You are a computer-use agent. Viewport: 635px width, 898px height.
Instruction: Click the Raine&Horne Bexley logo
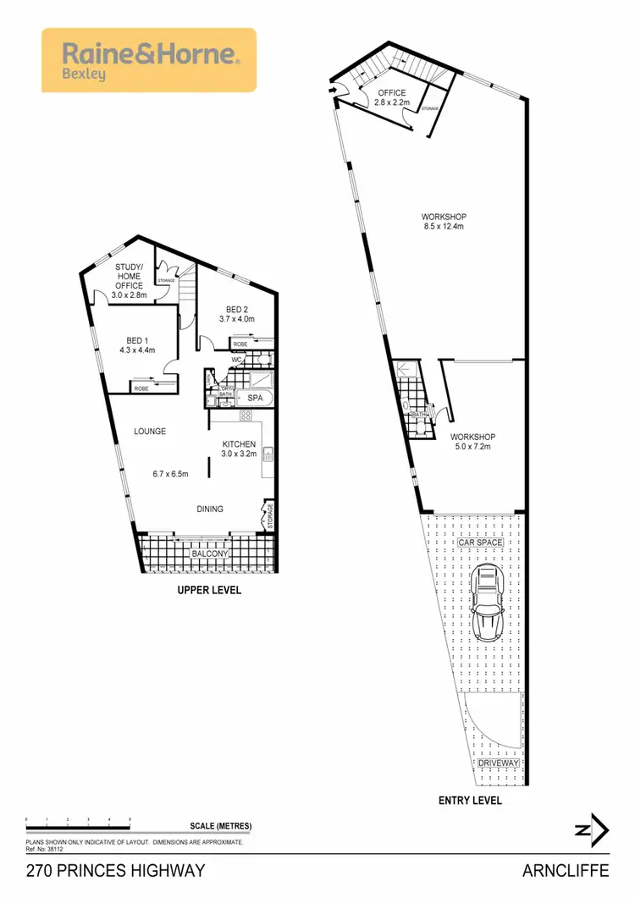149,60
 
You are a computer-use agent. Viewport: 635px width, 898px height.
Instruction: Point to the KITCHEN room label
240,443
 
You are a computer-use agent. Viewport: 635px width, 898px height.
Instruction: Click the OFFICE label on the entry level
392,93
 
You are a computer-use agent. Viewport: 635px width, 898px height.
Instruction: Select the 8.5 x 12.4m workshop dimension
445,227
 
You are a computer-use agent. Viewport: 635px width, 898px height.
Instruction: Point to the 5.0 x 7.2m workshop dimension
472,448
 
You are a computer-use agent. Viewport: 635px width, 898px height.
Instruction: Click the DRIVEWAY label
498,763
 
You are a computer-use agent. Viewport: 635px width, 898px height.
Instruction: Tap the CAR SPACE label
481,542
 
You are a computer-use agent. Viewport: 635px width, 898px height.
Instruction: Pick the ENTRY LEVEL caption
470,800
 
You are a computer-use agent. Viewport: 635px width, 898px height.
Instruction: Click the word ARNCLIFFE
573,871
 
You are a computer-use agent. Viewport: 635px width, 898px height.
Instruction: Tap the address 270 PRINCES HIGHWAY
115,871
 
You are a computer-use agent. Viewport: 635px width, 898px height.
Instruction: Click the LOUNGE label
150,432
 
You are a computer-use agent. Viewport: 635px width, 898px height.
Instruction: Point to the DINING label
210,509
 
